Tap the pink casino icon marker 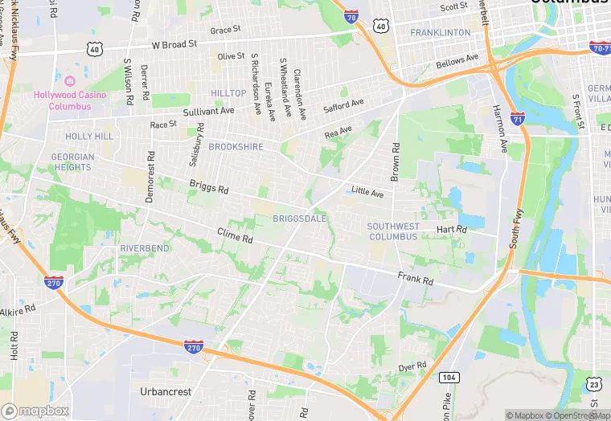click(x=69, y=81)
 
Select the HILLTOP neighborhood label click(x=228, y=93)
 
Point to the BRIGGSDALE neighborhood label click(x=299, y=219)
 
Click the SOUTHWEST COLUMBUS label click(x=394, y=231)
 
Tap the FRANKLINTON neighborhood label click(x=440, y=32)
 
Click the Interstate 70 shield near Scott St click(x=351, y=15)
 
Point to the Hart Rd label click(x=451, y=229)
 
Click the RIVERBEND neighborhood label click(x=145, y=248)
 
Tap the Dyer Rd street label click(x=412, y=367)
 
